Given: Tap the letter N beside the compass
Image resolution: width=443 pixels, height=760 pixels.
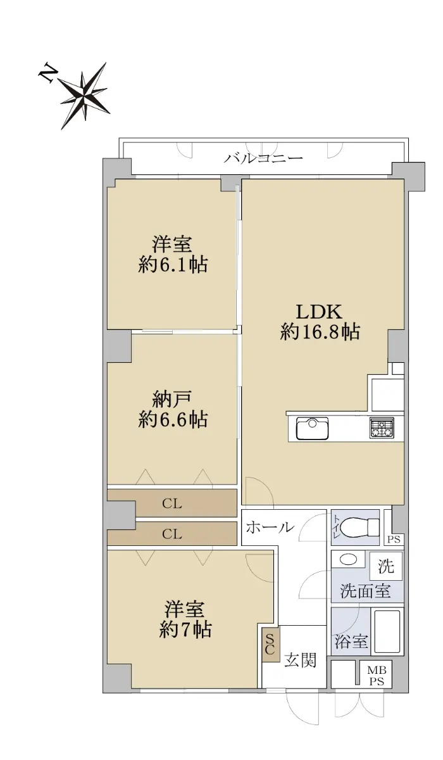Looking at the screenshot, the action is (47, 73).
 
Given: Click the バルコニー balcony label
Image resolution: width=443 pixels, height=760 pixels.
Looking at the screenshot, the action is (263, 158).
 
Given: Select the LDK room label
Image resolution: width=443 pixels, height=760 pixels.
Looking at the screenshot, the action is (320, 312).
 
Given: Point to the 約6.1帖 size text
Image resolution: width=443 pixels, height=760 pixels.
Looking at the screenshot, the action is (173, 265).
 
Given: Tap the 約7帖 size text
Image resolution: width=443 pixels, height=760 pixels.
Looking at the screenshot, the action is (185, 630).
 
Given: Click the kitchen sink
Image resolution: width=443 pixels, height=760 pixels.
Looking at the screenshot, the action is (312, 429).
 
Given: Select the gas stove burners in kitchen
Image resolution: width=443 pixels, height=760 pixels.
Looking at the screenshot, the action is (382, 427).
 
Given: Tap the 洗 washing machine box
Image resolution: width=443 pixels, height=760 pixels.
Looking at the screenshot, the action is (386, 566).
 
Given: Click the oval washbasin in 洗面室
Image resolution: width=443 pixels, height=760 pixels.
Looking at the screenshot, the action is (349, 559).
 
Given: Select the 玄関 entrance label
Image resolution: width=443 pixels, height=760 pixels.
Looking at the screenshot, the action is (301, 661).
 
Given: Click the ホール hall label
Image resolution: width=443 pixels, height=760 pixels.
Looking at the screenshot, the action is (270, 527).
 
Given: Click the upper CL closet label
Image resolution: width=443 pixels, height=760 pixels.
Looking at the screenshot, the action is (172, 504).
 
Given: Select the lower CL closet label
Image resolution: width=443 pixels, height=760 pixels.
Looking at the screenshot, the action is (172, 534).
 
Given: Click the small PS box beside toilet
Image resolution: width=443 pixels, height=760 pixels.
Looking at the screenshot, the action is (394, 539).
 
